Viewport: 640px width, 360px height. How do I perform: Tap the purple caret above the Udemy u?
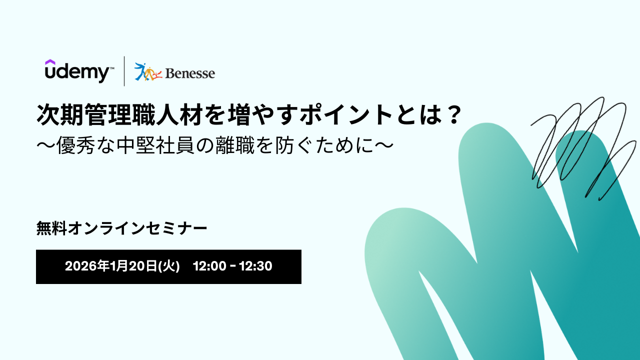click(50, 62)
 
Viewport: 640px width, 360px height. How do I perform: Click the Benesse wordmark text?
click(190, 73)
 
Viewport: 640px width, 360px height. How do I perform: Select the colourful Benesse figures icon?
click(148, 71)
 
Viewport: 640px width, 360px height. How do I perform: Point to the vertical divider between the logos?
click(124, 71)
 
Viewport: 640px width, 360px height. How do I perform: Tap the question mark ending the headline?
click(453, 114)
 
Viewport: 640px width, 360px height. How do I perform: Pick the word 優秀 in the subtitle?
click(75, 145)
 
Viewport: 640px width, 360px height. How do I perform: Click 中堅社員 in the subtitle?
click(155, 145)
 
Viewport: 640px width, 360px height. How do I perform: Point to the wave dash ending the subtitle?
click(383, 145)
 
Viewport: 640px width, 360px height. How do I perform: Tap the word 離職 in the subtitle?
click(235, 145)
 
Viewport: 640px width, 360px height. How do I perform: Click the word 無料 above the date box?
click(51, 228)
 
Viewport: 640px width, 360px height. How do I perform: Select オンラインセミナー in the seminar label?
click(137, 228)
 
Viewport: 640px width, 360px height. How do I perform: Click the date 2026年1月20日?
click(111, 266)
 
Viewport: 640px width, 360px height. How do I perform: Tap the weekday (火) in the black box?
click(169, 266)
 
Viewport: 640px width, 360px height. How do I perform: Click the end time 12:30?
click(255, 266)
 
